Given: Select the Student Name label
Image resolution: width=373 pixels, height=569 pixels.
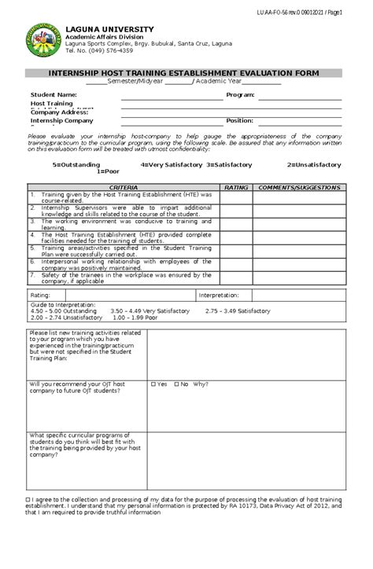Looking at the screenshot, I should point(54,94).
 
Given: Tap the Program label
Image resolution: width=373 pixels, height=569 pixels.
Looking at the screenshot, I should point(240,94).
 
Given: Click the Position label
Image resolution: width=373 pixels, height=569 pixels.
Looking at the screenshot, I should point(239,120).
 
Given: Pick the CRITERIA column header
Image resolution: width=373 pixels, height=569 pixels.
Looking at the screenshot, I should point(123,188).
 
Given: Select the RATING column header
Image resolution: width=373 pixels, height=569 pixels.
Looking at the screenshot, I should point(235,188).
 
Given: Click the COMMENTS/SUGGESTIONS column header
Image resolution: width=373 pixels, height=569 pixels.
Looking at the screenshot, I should point(299,188).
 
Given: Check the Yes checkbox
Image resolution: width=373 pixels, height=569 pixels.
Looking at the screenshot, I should point(153,384).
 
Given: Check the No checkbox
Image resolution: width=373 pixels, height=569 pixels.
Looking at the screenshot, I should point(176,384).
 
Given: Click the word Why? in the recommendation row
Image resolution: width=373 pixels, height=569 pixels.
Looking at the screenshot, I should point(201,384).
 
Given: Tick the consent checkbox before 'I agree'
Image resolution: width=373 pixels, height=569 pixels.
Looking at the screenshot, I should point(28,500).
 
